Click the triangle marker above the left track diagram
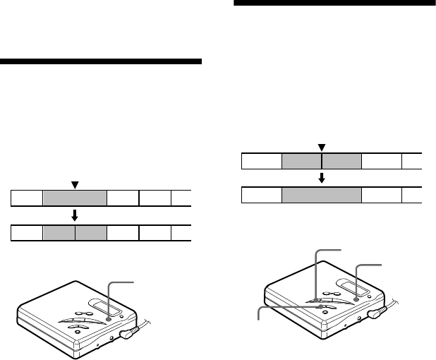[75, 184]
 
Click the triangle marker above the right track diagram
[322, 147]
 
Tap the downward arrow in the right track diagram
[322, 178]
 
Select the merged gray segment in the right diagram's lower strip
[322, 195]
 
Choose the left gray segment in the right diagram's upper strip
[301, 162]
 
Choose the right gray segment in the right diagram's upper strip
[342, 162]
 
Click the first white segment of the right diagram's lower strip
[262, 195]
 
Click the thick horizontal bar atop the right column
[334, 3]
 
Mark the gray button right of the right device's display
[357, 299]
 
